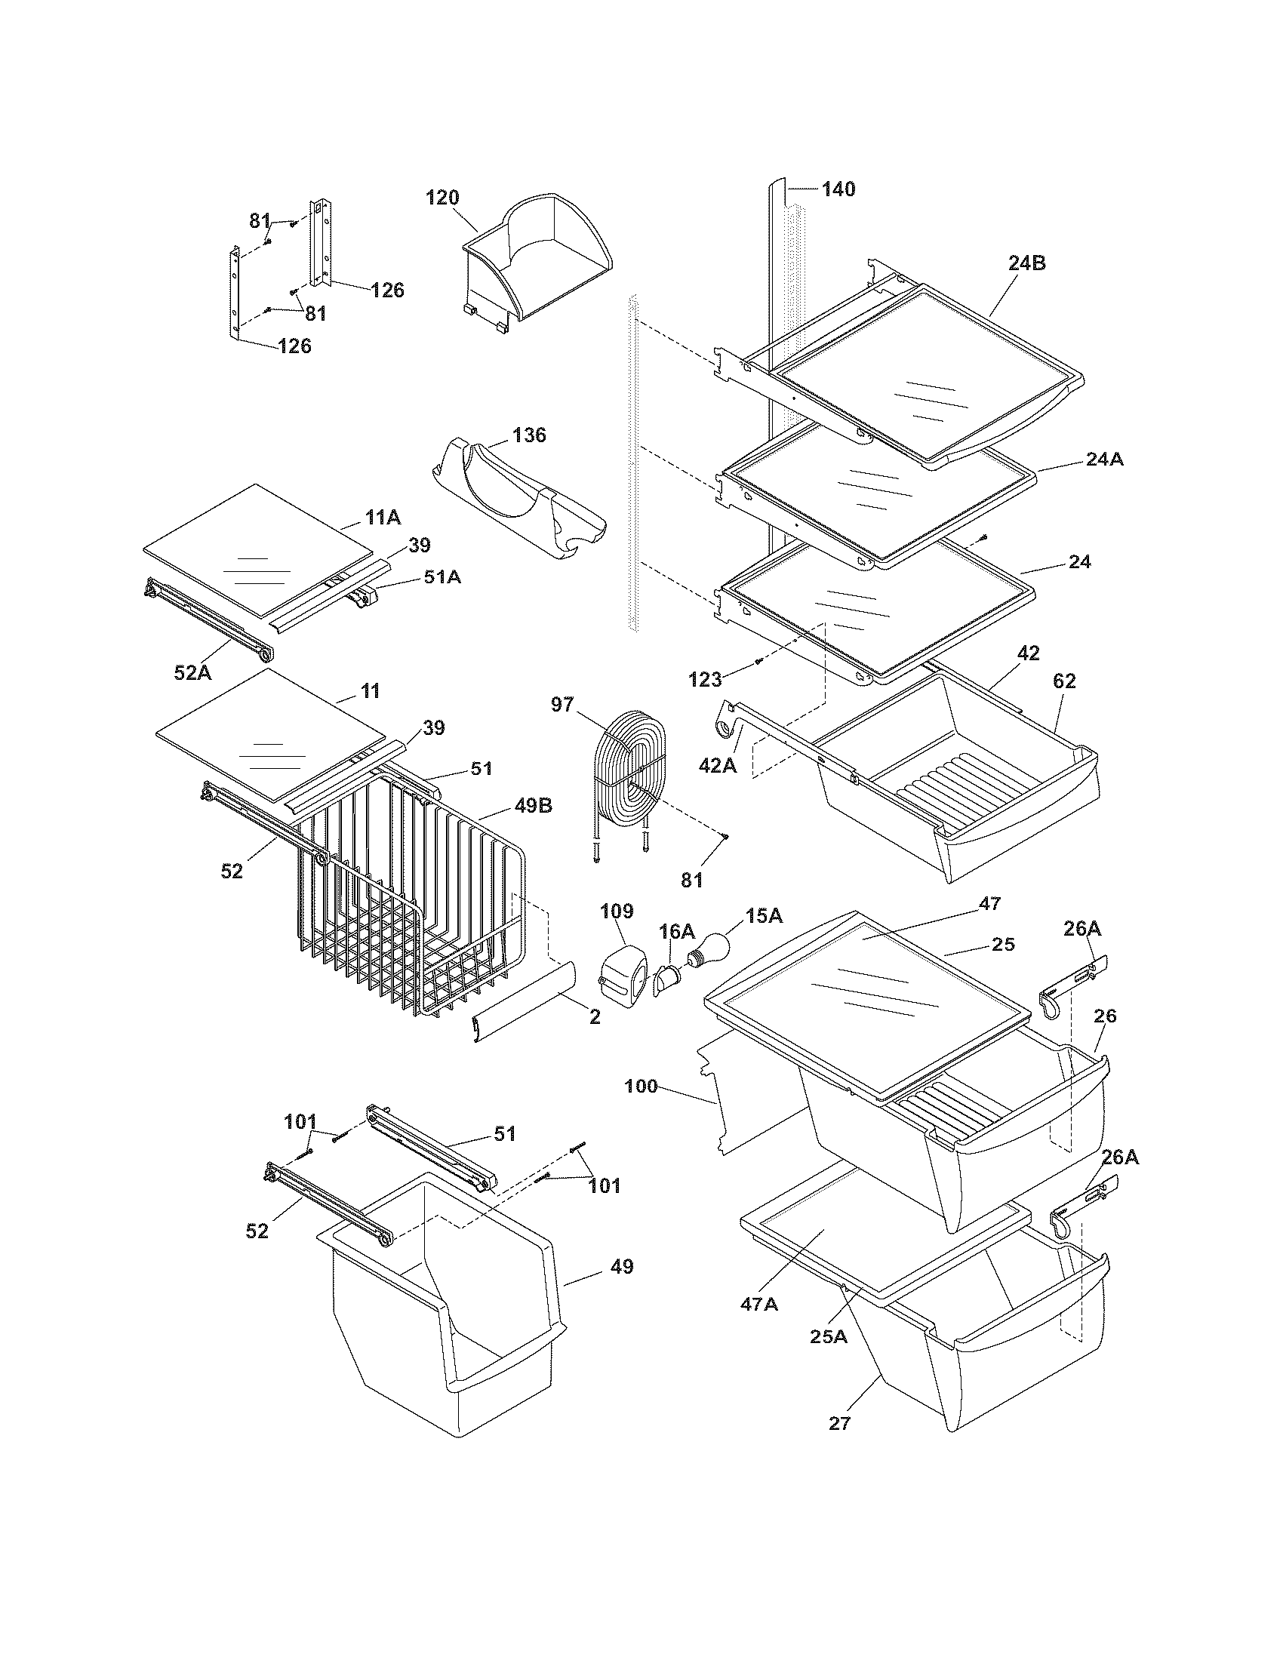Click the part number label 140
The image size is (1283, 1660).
[838, 189]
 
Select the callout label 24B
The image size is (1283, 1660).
[1027, 263]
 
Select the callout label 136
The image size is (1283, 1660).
[529, 435]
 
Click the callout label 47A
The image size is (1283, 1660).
[759, 1304]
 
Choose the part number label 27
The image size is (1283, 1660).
[839, 1423]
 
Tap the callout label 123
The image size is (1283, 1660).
[706, 678]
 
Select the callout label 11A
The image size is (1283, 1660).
[383, 518]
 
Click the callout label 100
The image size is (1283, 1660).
[640, 1087]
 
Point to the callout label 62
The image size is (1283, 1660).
[1064, 681]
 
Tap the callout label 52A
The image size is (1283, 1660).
[194, 672]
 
